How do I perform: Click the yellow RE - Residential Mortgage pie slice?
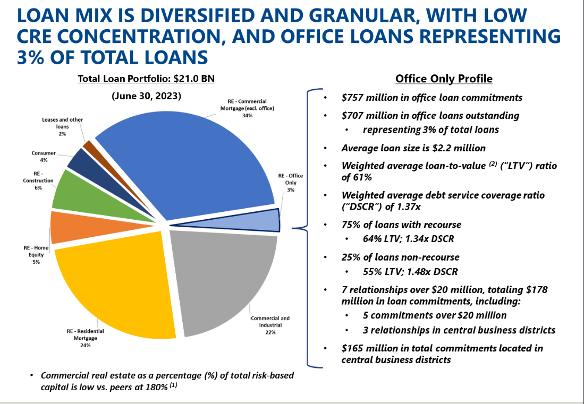117,287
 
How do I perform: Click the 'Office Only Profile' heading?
444,79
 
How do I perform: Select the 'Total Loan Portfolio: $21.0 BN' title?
146,79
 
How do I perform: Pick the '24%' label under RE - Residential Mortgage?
86,345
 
